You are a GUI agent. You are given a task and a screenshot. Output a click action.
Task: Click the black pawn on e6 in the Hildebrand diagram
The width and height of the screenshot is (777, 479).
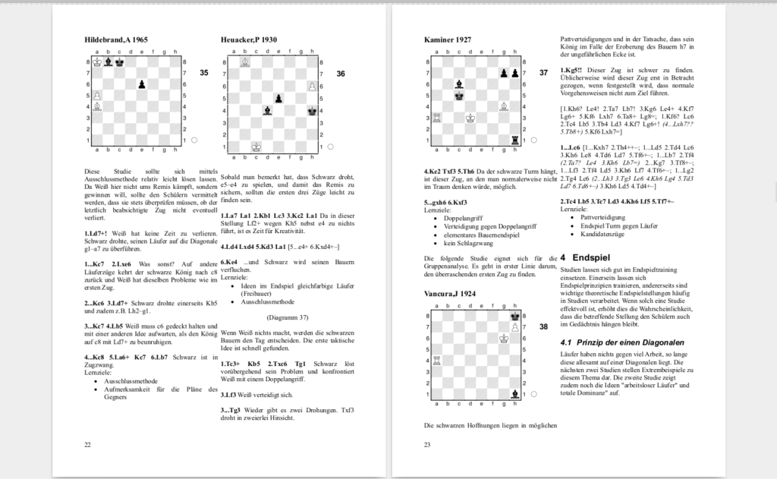coord(141,84)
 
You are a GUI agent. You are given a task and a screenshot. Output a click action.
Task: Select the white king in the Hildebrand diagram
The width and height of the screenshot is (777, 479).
coord(96,62)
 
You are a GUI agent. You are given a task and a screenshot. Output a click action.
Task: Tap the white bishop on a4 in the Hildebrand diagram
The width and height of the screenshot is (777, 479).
coord(96,107)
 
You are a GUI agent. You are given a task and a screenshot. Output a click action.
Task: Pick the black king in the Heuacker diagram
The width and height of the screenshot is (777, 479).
coord(312,111)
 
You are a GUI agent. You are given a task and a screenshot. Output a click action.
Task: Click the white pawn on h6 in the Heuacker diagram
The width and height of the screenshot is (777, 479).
coord(312,87)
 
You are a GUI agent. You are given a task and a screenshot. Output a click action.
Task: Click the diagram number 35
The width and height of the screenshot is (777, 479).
coord(203,74)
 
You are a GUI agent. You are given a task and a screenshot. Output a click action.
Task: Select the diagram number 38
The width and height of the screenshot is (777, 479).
coord(543,327)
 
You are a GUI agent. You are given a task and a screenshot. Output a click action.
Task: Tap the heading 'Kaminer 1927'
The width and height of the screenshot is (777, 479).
coord(448,39)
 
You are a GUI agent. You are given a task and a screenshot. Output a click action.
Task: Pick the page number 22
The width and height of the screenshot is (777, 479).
coord(87,444)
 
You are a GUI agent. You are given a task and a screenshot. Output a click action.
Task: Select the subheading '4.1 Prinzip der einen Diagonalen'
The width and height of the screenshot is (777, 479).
coord(621,342)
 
